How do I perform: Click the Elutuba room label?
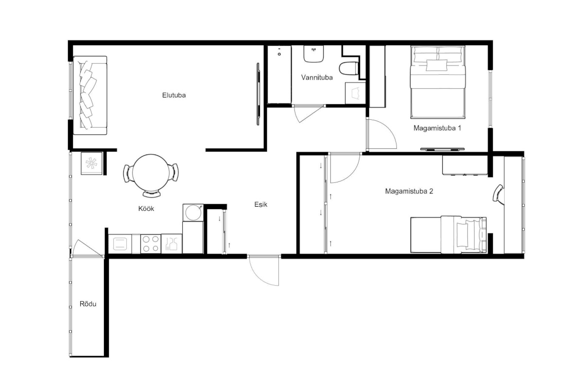coord(174,96)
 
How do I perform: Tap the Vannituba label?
coord(317,78)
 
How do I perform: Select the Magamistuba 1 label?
coord(437,128)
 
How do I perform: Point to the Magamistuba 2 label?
coord(409,191)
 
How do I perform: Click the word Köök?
coord(146,209)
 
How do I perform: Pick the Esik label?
coord(261,205)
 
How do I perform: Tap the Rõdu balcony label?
coord(88,304)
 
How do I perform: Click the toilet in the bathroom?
coord(349,68)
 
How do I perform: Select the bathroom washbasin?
coord(314,53)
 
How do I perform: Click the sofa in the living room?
coord(90,96)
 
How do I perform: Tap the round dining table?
coord(151,173)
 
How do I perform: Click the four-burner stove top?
coord(151,244)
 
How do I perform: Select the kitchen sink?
coord(120,244)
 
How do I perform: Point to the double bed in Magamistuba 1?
coord(438,82)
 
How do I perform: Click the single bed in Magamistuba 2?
coord(448,235)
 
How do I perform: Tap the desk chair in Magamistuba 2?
coord(498,193)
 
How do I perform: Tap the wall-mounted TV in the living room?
coord(258,94)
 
